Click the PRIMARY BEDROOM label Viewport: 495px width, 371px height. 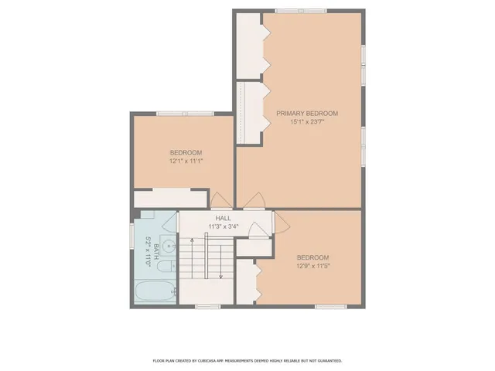pyautogui.click(x=307, y=114)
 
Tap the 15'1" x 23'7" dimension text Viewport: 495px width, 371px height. pyautogui.click(x=307, y=122)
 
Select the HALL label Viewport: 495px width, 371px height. pyautogui.click(x=224, y=219)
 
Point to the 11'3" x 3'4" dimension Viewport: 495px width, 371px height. pyautogui.click(x=224, y=227)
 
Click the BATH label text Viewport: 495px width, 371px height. pyautogui.click(x=156, y=249)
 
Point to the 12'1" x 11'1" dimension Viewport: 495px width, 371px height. pyautogui.click(x=186, y=161)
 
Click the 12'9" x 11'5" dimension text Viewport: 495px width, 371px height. pyautogui.click(x=313, y=266)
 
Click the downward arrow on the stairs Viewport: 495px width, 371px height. pyautogui.click(x=221, y=263)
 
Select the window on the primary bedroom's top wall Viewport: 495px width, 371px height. pyautogui.click(x=302, y=10)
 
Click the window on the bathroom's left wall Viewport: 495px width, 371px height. pyautogui.click(x=131, y=235)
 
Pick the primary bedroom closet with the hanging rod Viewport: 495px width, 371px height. pyautogui.click(x=249, y=112)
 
